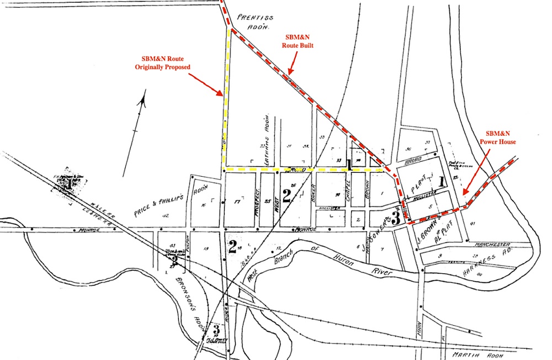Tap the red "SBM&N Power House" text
(501, 137)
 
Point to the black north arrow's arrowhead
(144, 100)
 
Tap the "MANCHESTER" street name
(492, 243)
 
